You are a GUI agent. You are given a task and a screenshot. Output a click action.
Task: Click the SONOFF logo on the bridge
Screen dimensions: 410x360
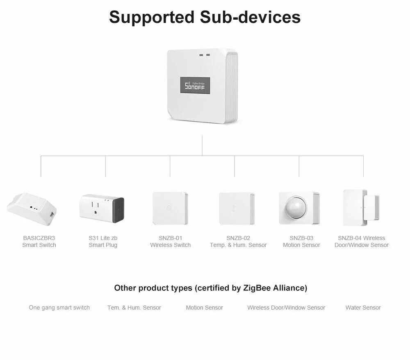195,86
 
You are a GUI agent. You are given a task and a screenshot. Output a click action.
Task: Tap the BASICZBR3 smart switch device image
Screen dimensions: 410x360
32,208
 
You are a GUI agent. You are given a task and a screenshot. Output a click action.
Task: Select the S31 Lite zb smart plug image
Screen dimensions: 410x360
101,208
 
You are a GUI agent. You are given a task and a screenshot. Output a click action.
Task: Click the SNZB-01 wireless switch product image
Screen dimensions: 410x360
170,208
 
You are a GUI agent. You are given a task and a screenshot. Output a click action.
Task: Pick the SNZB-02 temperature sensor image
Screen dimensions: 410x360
237,208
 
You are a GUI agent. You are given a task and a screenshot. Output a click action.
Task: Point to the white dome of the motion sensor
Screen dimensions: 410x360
298,208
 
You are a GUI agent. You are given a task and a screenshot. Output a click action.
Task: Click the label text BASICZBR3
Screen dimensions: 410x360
39,238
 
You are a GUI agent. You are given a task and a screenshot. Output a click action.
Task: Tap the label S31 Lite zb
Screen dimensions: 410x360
103,238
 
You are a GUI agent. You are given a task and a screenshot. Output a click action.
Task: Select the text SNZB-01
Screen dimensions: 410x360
170,238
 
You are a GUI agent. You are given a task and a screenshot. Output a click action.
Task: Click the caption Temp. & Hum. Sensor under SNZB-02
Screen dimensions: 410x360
238,245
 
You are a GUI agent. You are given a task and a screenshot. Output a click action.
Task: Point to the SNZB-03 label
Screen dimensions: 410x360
301,238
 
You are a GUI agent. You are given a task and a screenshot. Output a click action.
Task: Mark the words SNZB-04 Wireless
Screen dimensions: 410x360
361,238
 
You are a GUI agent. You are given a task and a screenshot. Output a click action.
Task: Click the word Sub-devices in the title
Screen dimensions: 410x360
250,18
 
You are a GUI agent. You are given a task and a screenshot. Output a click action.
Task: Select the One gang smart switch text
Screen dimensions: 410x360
59,308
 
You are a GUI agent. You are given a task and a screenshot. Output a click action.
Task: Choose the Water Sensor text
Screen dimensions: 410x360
363,308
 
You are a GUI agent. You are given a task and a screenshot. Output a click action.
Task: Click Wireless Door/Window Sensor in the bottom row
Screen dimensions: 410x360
286,308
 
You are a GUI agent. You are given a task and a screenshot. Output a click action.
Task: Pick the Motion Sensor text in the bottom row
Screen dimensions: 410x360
204,308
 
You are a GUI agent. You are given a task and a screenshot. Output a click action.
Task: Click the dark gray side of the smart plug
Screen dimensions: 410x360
118,209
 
